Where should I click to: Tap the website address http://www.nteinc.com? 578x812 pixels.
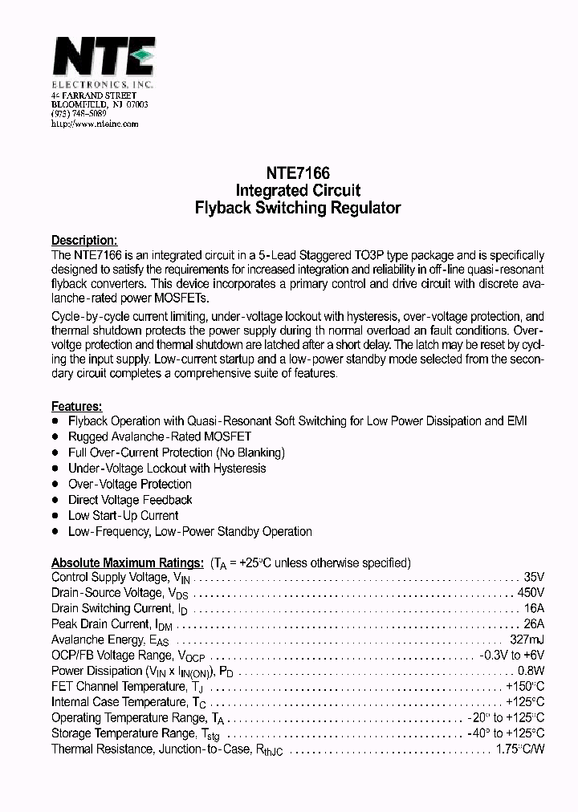coord(95,124)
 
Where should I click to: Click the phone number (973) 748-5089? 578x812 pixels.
coord(78,115)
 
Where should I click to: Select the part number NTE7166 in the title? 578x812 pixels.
coord(298,173)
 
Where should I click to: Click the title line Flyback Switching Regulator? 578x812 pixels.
coord(298,208)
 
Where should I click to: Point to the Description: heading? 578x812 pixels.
coord(84,240)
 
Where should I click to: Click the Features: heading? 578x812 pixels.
coord(77,407)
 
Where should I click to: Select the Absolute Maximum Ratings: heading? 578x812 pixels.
coord(127,562)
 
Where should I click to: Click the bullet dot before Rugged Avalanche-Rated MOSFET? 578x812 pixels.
coord(55,436)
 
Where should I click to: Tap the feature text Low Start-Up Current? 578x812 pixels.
coord(123,515)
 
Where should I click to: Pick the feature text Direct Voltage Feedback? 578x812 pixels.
coord(130,500)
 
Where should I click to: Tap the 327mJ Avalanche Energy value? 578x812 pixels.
coord(527,639)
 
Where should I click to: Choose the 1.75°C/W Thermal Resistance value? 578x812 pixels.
coord(520,749)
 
